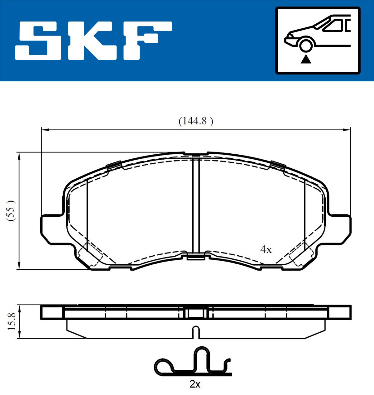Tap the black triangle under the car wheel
click(306, 59)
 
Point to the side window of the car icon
click(333, 26)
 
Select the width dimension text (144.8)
click(196, 121)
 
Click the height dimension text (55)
click(11, 211)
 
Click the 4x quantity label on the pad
click(266, 249)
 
